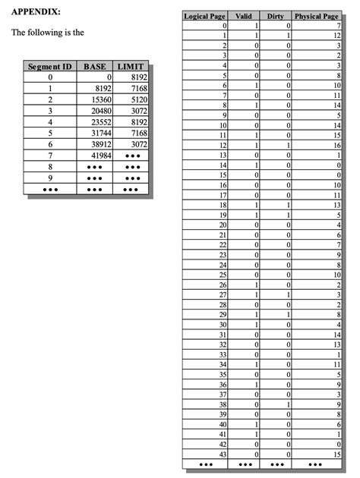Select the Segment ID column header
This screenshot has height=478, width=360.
coord(49,67)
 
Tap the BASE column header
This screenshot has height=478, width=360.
coord(95,67)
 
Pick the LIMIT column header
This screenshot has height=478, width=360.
coord(131,67)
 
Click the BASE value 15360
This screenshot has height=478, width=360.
coord(100,99)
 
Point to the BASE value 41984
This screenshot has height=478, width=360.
coord(100,154)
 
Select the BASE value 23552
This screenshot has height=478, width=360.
coord(100,121)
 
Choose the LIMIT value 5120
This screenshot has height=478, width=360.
coord(136,99)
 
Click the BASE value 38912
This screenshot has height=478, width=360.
coord(100,143)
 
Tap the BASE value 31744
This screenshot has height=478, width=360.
coord(100,132)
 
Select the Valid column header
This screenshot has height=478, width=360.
coord(243,16)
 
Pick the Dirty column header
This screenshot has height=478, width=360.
coord(276,16)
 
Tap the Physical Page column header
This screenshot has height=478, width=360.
coord(317,16)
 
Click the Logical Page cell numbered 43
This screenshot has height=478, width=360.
coord(223,454)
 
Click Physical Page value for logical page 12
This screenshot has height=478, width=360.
coord(337,144)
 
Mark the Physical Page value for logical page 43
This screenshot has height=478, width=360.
coord(337,454)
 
